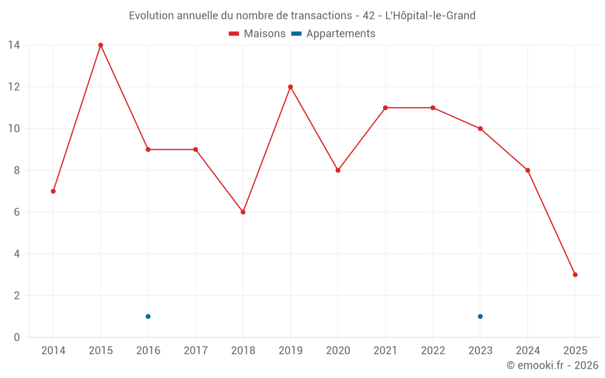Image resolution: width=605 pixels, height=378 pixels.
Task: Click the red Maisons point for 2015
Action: point(100,45)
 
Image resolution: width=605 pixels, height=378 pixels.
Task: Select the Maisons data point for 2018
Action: point(243,212)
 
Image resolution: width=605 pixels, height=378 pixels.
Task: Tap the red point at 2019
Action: point(290,86)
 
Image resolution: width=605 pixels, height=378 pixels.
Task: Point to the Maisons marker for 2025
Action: point(575,275)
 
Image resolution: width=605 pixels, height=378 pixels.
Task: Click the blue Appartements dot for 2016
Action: point(148,316)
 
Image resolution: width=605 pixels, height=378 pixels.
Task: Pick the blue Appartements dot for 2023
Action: point(480,316)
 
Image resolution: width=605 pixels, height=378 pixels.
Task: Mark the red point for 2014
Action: point(53,191)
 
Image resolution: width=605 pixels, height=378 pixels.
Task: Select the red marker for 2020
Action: point(338,170)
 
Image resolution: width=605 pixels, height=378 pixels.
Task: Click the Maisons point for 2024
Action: point(528,170)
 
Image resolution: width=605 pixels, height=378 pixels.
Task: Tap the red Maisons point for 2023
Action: point(480,128)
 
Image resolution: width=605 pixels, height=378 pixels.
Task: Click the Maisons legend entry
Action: point(257,34)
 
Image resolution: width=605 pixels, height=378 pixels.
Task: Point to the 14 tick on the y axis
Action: point(14,45)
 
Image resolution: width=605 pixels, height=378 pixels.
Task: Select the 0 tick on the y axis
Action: point(17,337)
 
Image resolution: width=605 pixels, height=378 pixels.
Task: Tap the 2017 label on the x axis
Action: point(195,350)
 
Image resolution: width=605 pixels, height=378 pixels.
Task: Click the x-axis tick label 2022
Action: point(433,350)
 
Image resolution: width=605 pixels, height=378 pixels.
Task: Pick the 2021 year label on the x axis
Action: point(385,350)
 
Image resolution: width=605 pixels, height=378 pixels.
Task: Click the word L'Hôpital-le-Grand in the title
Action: point(430,15)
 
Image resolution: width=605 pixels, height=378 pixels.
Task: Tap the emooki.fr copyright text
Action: point(552,365)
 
